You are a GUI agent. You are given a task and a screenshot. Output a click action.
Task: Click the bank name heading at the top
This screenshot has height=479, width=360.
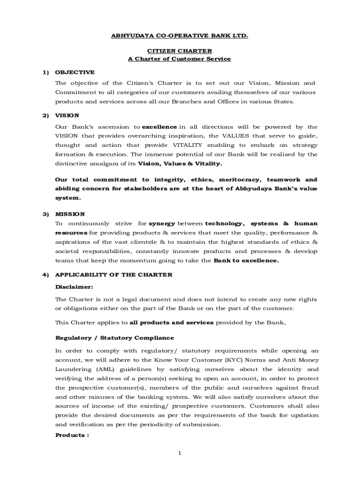[180, 35]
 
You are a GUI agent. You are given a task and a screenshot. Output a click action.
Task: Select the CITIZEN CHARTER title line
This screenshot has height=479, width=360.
[180, 51]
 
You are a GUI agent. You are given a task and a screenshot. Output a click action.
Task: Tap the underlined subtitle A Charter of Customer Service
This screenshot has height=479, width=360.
[180, 59]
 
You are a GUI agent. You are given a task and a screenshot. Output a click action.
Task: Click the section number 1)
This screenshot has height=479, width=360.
[45, 73]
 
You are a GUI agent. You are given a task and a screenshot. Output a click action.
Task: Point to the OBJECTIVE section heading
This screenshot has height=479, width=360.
[75, 73]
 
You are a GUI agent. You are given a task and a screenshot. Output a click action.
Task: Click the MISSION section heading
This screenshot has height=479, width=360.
[70, 214]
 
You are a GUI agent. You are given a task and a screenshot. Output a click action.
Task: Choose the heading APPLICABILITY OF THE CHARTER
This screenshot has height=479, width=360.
[114, 275]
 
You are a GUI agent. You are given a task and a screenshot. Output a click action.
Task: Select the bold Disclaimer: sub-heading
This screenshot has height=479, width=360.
[74, 286]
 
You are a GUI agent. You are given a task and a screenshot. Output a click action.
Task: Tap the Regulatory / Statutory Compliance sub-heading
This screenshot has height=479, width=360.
[115, 338]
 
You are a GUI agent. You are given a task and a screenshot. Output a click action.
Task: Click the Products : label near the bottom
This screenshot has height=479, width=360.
[72, 435]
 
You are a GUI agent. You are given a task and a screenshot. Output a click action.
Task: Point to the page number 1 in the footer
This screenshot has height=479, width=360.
[180, 453]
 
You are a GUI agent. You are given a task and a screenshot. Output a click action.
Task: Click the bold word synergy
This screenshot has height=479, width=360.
[162, 224]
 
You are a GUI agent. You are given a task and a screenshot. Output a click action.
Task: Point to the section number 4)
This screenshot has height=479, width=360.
[45, 275]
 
